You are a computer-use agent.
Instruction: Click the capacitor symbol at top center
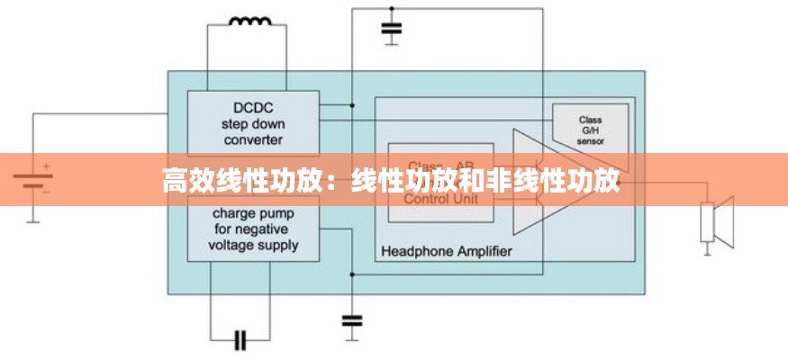click(x=391, y=31)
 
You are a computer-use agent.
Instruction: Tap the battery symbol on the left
click(x=32, y=180)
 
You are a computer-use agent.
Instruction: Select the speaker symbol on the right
click(x=717, y=220)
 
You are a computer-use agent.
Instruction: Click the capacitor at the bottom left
click(x=240, y=339)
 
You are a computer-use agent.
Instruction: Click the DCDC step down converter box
click(x=253, y=122)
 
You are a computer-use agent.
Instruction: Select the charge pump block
click(x=253, y=230)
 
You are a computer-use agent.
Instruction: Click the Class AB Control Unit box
click(x=440, y=182)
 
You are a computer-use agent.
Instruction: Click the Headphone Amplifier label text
click(x=447, y=251)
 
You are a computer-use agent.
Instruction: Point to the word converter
click(x=253, y=139)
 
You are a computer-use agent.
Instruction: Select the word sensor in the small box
click(x=591, y=142)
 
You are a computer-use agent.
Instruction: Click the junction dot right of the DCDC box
click(x=352, y=105)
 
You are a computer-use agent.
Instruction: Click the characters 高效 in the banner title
click(x=191, y=180)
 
